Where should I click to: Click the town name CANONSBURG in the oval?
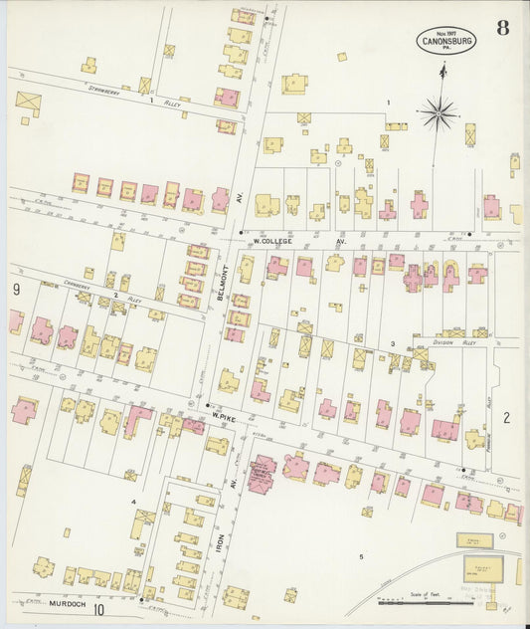[444, 41]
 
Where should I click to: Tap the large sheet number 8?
[503, 27]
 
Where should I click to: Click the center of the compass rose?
[439, 113]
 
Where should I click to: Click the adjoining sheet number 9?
[17, 290]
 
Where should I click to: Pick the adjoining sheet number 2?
[506, 417]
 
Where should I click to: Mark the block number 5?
[362, 556]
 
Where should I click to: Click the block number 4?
[132, 488]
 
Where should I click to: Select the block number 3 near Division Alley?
[392, 343]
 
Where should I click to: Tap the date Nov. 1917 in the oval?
[444, 31]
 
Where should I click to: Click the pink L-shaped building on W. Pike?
[136, 419]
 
